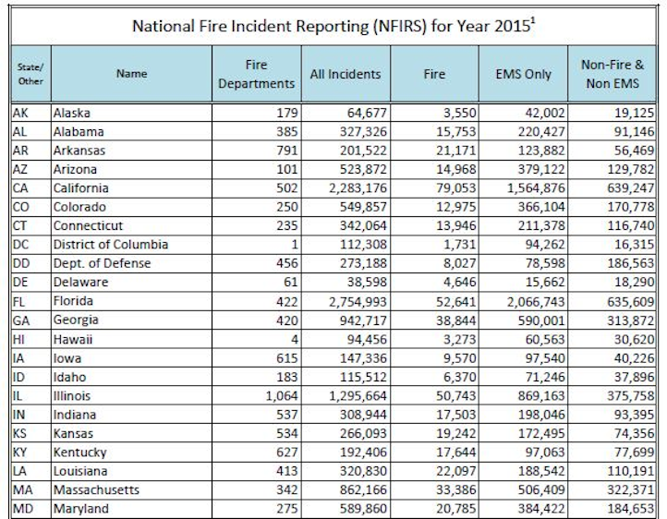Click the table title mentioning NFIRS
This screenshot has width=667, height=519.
tap(333, 24)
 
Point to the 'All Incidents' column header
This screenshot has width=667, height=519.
tap(345, 74)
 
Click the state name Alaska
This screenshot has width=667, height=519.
tap(74, 114)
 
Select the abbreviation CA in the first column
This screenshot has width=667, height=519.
tap(20, 188)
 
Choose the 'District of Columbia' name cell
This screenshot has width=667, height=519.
tap(110, 245)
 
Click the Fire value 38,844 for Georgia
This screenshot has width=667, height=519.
tap(441, 320)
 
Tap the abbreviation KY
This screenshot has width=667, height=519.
tap(20, 452)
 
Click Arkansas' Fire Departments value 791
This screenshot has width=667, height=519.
tap(281, 151)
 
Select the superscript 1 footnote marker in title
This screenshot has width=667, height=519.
tap(535, 18)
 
